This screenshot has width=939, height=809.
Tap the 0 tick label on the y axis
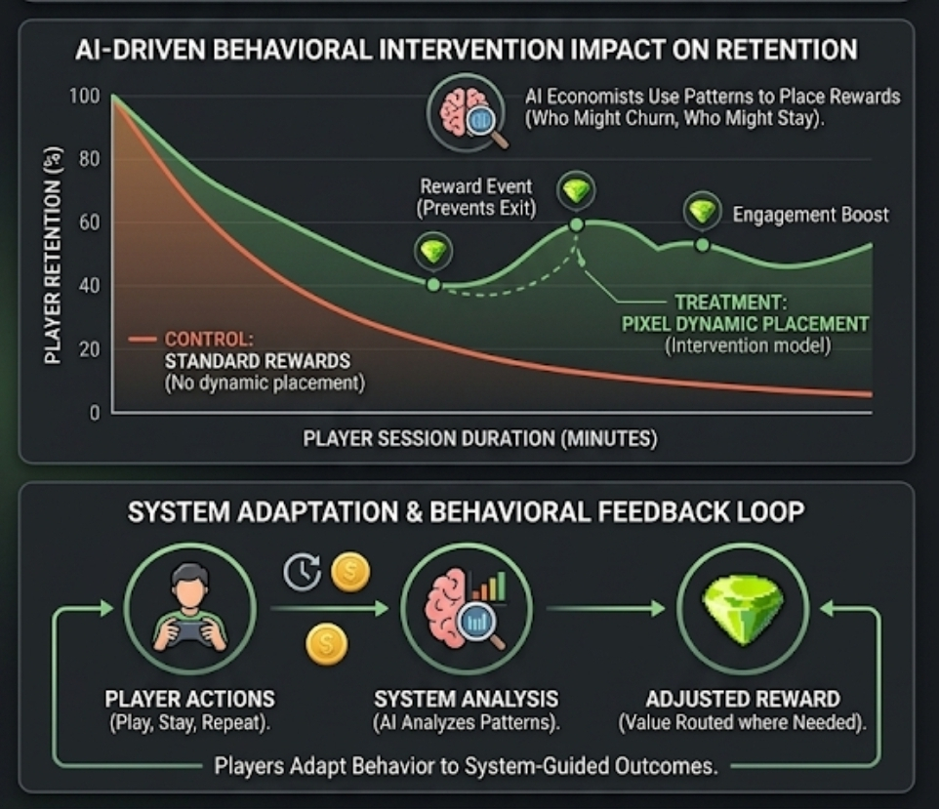click(x=94, y=413)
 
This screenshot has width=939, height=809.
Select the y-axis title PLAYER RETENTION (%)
click(x=53, y=256)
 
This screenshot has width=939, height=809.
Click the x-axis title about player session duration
click(x=480, y=439)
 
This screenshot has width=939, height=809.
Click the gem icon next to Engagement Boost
click(x=702, y=211)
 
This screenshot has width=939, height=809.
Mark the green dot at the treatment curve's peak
click(x=577, y=224)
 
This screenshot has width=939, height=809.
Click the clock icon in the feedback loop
click(x=303, y=573)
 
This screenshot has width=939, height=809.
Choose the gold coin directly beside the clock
click(x=350, y=572)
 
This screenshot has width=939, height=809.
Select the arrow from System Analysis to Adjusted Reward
click(x=605, y=609)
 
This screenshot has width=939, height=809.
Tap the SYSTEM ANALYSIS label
click(x=467, y=699)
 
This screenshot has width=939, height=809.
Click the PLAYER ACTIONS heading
click(x=189, y=699)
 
